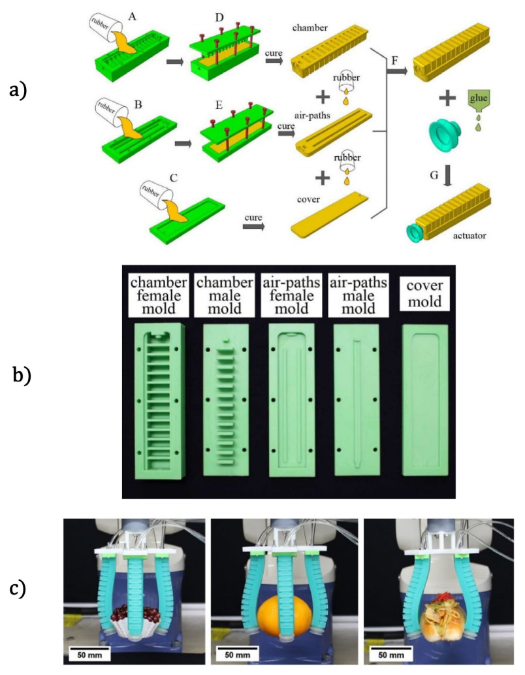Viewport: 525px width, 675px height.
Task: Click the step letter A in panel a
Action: pyautogui.click(x=132, y=16)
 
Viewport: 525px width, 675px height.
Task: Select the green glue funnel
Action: pyautogui.click(x=478, y=101)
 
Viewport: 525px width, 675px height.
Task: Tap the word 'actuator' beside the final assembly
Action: pyautogui.click(x=469, y=235)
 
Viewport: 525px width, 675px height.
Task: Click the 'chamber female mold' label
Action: pyautogui.click(x=159, y=295)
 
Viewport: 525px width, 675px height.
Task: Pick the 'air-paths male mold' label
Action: pyautogui.click(x=358, y=295)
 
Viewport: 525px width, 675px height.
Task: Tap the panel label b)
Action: pyautogui.click(x=22, y=374)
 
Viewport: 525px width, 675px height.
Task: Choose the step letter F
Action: pyautogui.click(x=394, y=61)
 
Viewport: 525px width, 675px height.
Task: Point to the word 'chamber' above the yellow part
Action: pyautogui.click(x=310, y=28)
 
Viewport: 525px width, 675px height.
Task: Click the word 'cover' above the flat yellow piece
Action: pyautogui.click(x=308, y=199)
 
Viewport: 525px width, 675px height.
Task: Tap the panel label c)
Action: pyautogui.click(x=18, y=588)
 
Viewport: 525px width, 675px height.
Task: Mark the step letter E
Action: pyautogui.click(x=218, y=105)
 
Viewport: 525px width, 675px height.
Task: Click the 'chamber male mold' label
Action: pyautogui.click(x=225, y=295)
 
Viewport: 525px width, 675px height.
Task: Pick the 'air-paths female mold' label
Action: pyautogui.click(x=291, y=295)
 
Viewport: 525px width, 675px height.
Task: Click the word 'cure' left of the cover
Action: pyautogui.click(x=253, y=218)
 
